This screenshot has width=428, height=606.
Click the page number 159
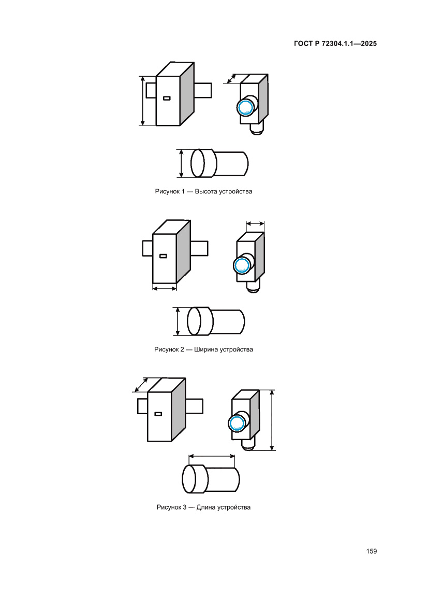click(371, 551)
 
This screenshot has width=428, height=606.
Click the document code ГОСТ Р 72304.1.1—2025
click(335, 44)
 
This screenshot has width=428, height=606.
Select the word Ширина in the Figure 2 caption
click(205, 349)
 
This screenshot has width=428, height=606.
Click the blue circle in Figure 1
click(245, 107)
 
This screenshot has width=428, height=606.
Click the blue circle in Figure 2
click(242, 265)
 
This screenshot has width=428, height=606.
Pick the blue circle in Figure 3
click(236, 424)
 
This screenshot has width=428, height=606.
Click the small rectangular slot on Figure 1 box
click(167, 98)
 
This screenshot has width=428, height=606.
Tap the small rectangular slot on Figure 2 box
click(163, 256)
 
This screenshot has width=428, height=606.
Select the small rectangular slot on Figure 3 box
click(158, 414)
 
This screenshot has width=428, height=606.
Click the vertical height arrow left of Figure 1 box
click(143, 101)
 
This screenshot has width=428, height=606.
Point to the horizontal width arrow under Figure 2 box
click(165, 288)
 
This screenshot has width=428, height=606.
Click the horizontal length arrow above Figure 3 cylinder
click(212, 457)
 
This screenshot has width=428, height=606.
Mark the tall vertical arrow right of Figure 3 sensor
click(272, 420)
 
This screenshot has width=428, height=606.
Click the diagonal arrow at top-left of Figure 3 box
click(141, 385)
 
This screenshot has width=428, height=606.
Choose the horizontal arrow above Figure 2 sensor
click(255, 223)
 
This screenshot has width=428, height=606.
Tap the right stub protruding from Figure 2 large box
click(199, 248)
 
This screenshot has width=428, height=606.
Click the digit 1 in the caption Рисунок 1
click(183, 191)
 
